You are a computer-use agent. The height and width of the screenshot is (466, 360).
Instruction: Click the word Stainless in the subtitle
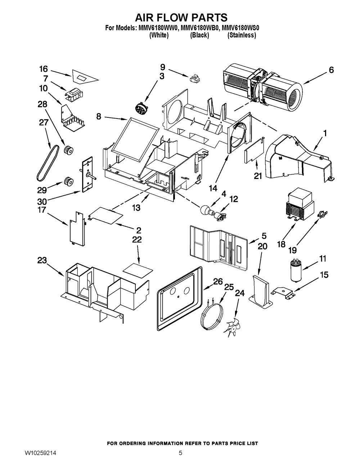[x=242, y=35]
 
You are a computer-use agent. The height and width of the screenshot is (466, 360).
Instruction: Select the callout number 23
[x=42, y=260]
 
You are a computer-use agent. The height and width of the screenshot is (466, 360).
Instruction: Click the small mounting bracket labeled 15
[x=284, y=292]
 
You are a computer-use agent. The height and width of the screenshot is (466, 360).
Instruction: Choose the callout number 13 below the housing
[x=135, y=208]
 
